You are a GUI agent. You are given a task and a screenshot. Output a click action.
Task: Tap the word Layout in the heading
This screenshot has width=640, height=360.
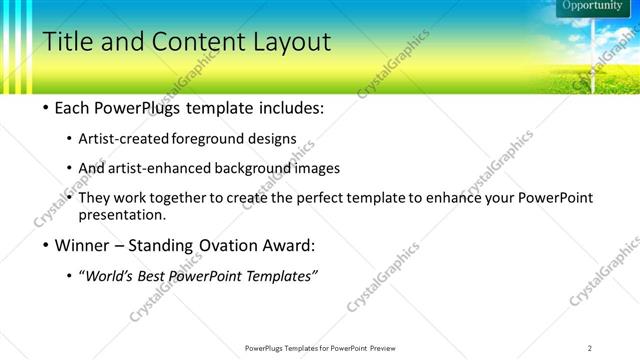pos(289,42)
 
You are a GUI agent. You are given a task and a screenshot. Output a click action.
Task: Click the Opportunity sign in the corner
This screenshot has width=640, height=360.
pos(592,6)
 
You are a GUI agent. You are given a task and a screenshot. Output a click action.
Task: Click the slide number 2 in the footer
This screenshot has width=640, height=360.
pos(590,348)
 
